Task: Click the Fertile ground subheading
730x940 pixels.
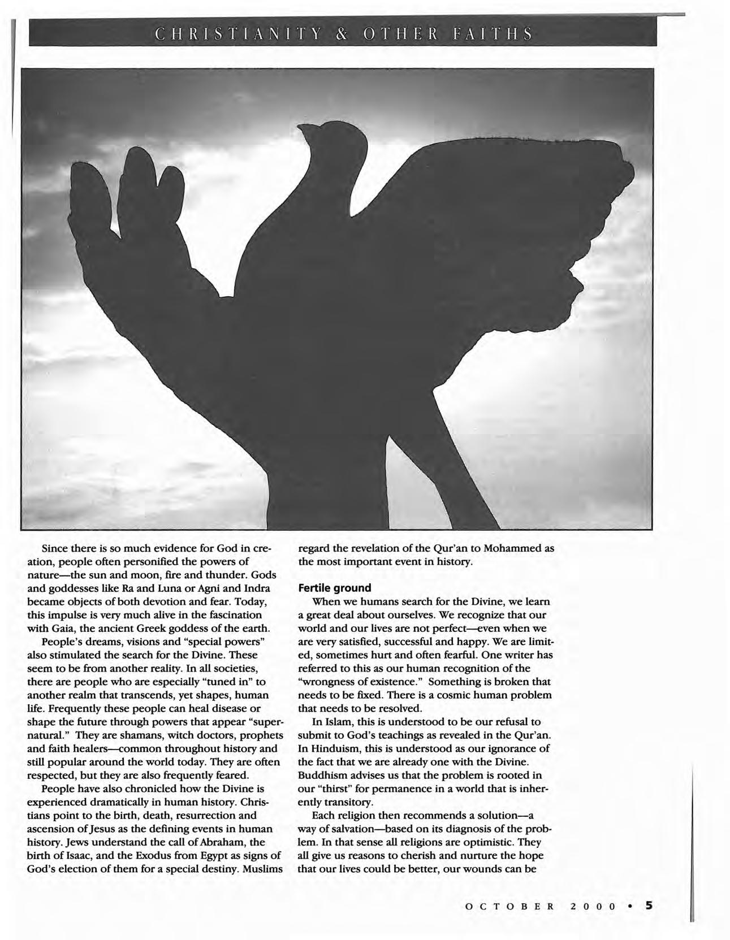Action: pos(334,588)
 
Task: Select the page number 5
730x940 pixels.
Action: pos(650,905)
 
